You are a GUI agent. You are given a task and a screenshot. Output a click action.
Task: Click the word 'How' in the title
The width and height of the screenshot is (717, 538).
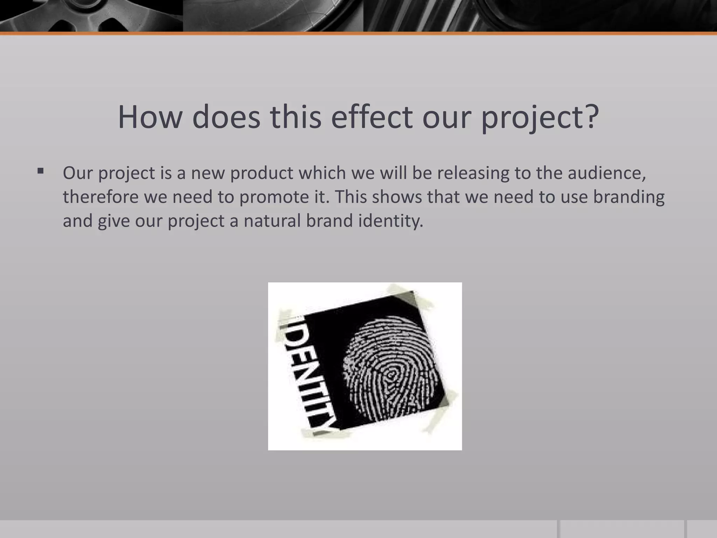(149, 117)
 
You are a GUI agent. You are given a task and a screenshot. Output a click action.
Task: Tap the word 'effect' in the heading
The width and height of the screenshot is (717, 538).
(371, 117)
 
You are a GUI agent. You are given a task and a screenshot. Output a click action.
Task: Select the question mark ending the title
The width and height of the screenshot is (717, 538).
(591, 117)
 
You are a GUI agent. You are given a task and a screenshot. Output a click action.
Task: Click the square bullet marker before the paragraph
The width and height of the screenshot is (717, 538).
(41, 171)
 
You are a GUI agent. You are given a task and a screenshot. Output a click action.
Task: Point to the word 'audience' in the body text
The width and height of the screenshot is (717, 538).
(606, 173)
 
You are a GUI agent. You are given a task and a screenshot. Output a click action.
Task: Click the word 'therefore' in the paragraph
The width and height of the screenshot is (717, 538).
(100, 197)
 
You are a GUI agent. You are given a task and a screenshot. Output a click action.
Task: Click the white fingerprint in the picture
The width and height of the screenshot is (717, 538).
(389, 371)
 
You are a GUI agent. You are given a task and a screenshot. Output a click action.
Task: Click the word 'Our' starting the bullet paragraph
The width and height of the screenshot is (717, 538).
(77, 173)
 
